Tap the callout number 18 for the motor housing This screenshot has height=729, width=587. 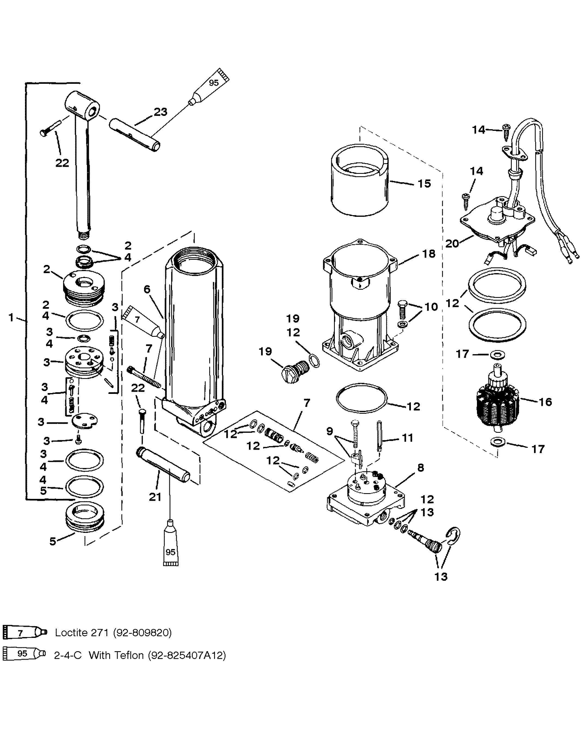[x=429, y=254]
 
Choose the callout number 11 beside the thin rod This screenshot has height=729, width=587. [x=407, y=438]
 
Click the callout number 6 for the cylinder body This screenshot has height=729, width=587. [x=147, y=289]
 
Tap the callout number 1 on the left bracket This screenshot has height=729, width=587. [x=11, y=317]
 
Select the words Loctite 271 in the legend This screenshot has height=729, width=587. [x=82, y=632]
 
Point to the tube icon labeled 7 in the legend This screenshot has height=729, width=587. [x=24, y=632]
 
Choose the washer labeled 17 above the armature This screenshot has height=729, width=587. [x=496, y=354]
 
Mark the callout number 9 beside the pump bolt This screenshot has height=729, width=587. [x=329, y=431]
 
